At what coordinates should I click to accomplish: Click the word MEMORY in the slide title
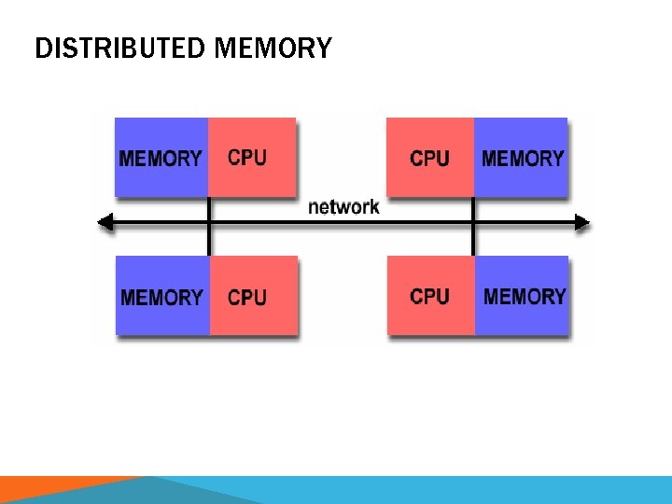[x=272, y=48]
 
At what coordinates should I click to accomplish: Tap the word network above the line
[x=343, y=206]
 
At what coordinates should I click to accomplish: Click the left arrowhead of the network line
[x=105, y=223]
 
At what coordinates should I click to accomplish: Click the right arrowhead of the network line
[x=583, y=223]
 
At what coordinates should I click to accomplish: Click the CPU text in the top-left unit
[x=247, y=158]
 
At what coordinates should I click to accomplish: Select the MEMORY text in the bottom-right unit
[x=525, y=297]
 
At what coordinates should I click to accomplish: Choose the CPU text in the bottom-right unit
[x=429, y=297]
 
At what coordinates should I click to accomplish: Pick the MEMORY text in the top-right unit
[x=523, y=158]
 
